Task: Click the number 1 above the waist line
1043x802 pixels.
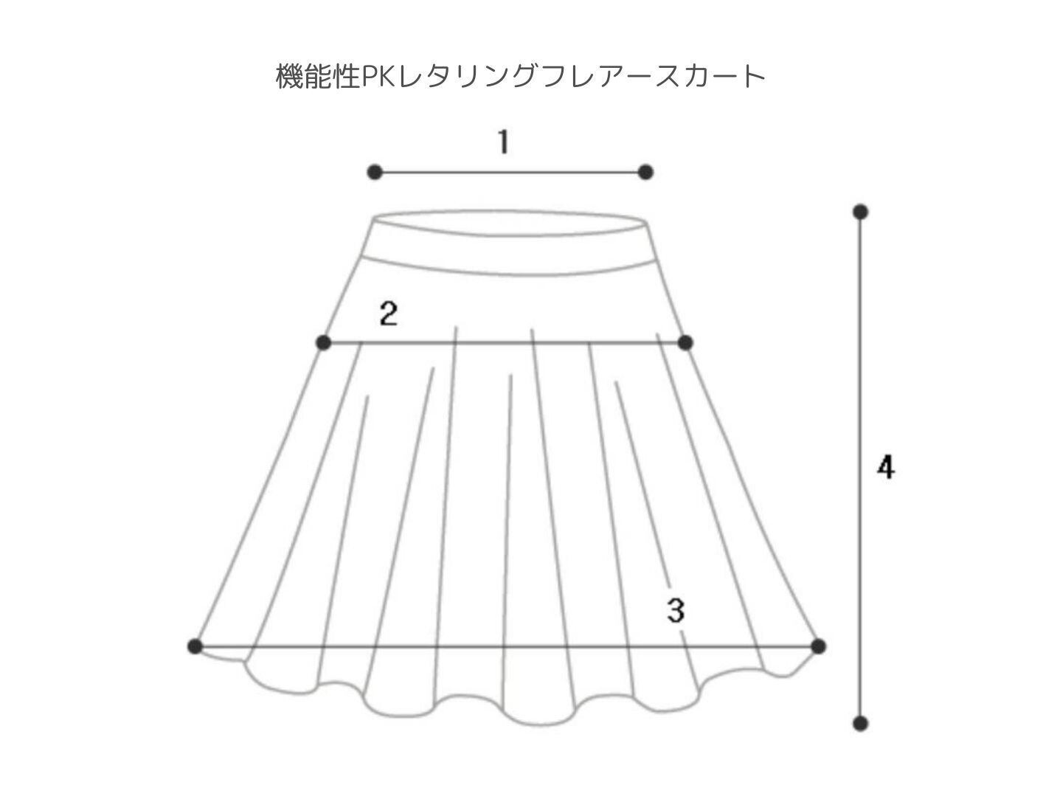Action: (504, 142)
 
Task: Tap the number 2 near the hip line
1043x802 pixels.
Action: (388, 314)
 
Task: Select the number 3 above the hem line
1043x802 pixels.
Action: (676, 610)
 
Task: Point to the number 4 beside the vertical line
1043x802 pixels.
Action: (886, 467)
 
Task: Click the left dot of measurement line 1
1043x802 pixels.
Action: (375, 172)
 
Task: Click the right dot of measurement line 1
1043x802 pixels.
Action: (645, 172)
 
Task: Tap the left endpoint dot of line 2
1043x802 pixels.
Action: (324, 342)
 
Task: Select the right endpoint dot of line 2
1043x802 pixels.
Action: (685, 342)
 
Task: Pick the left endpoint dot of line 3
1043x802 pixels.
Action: (195, 646)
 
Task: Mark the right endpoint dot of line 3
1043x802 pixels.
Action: (818, 646)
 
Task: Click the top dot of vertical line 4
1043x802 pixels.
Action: (860, 212)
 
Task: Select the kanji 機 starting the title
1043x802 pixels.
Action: (290, 77)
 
